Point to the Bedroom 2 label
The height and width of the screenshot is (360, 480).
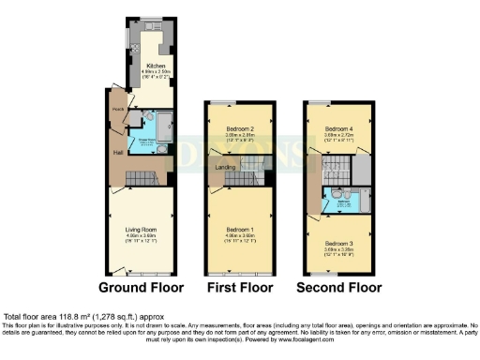point(240,128)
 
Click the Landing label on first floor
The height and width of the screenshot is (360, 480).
point(225,167)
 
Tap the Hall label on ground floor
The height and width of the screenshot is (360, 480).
point(119,152)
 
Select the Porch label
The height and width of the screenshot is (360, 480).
point(118,109)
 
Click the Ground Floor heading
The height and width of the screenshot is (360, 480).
point(141,288)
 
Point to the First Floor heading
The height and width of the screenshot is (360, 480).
point(240,288)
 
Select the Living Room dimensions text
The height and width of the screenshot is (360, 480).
point(141,239)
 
